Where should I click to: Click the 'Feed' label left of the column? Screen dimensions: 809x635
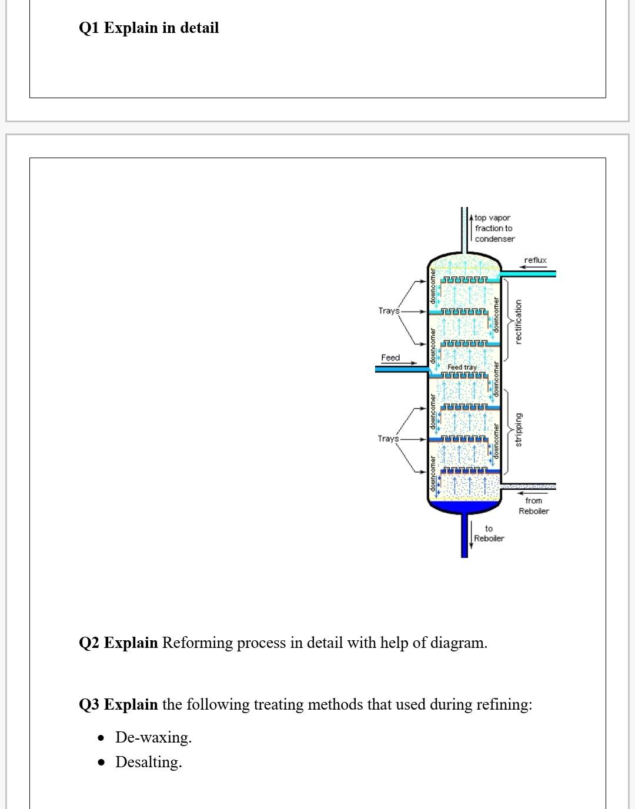pos(390,357)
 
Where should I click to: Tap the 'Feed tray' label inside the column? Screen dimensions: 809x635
pos(462,367)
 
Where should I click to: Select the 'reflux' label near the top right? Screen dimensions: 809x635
pos(535,260)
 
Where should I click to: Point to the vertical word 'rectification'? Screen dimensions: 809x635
pos(518,322)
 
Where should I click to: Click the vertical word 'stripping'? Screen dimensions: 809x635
pos(518,429)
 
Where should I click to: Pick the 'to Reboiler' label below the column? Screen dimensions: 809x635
pos(489,533)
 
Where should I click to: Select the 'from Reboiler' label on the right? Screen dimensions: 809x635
pos(533,506)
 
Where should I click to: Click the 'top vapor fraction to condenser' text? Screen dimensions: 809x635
pos(494,228)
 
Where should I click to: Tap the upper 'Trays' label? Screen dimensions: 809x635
pos(388,310)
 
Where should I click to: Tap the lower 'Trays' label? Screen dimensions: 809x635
pos(388,439)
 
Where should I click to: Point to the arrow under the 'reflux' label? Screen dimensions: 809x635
pos(535,268)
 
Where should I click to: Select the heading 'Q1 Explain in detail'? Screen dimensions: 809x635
pos(149,28)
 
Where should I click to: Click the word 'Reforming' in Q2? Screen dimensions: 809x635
pos(198,643)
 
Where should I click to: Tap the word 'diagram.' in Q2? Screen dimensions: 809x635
pos(459,643)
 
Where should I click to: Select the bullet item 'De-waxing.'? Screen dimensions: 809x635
pos(153,737)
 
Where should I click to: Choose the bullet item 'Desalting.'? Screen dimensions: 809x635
pos(149,762)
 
